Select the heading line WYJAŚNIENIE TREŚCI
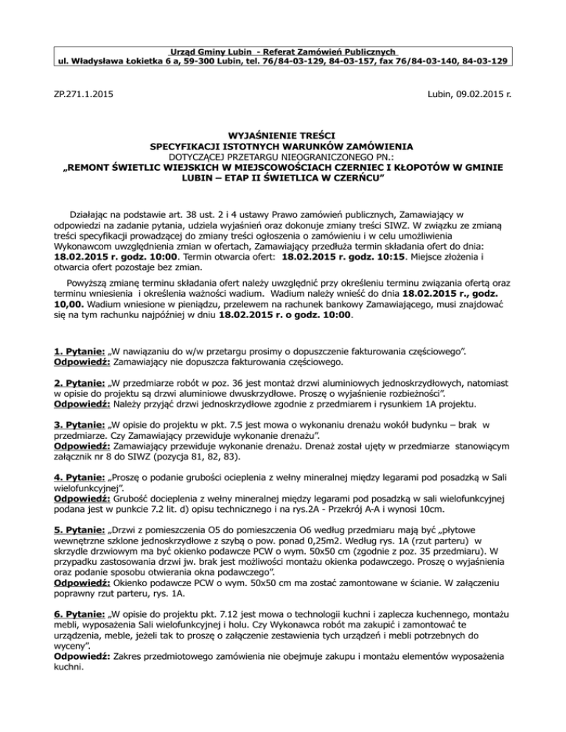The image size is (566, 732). tap(282, 136)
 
